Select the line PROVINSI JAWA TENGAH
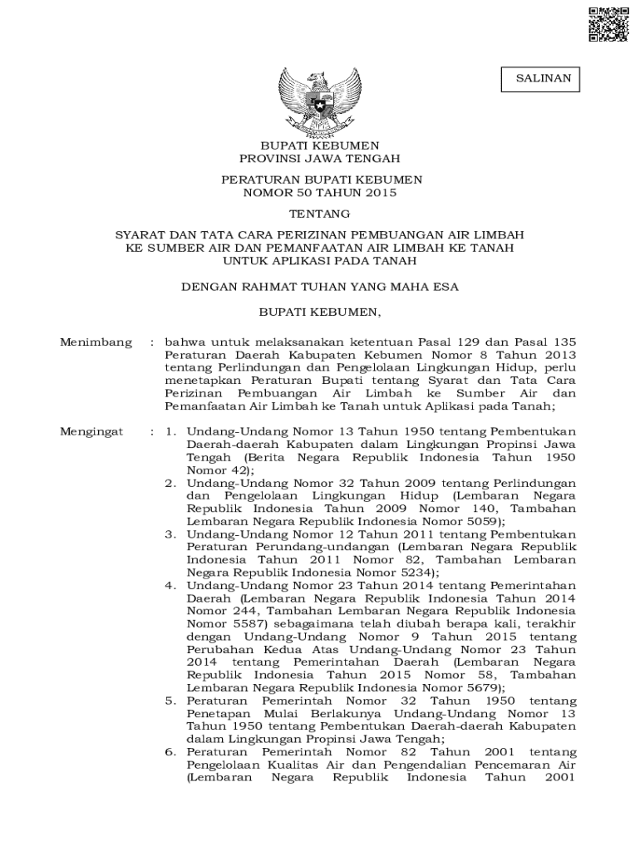coord(320,158)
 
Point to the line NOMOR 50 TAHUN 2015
coord(320,193)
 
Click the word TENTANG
coord(320,214)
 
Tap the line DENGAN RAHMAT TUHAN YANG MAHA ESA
coord(320,287)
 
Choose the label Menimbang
coord(96,342)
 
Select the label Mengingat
coord(91,432)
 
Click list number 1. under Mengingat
coord(170,432)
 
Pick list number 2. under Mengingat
coord(170,483)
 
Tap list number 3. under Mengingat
coord(170,534)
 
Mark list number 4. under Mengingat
coord(170,585)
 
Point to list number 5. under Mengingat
coord(170,701)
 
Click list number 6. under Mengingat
coord(170,752)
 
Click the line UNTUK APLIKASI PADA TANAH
coord(320,260)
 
